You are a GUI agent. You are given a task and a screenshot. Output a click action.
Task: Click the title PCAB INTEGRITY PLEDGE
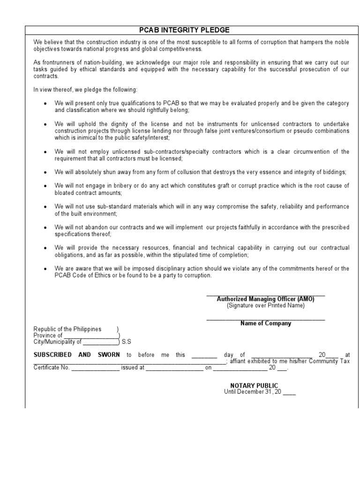[185, 30]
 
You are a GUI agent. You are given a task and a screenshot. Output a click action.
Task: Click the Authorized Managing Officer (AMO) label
[265, 299]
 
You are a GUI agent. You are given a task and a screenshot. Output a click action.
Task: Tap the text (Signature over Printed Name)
[265, 306]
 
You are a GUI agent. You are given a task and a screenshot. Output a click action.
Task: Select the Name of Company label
[265, 323]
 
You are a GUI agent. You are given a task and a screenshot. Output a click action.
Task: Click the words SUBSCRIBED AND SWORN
[76, 355]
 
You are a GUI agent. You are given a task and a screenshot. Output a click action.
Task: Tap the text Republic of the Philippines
[67, 329]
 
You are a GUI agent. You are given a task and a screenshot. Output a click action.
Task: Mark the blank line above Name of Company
[265, 319]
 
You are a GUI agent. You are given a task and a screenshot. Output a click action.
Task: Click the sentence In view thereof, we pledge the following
[85, 90]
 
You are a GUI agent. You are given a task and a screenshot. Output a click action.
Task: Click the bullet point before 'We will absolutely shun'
[45, 172]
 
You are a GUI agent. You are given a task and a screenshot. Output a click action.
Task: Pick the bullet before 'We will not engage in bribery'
[45, 186]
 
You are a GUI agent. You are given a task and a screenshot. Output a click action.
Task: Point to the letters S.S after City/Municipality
[127, 342]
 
